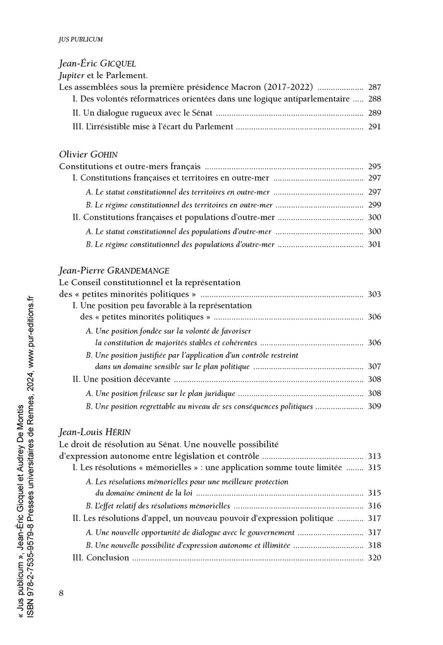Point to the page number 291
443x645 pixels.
[375, 127]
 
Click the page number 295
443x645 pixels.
[375, 167]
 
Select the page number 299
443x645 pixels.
[375, 205]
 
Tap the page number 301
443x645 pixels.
[375, 244]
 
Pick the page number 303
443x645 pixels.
[375, 294]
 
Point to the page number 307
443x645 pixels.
[375, 366]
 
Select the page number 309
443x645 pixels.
[375, 406]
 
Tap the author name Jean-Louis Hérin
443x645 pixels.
[95, 432]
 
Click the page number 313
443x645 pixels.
[375, 456]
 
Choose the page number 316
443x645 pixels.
[375, 506]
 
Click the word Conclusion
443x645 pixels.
[108, 558]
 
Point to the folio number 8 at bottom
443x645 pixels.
[61, 592]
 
